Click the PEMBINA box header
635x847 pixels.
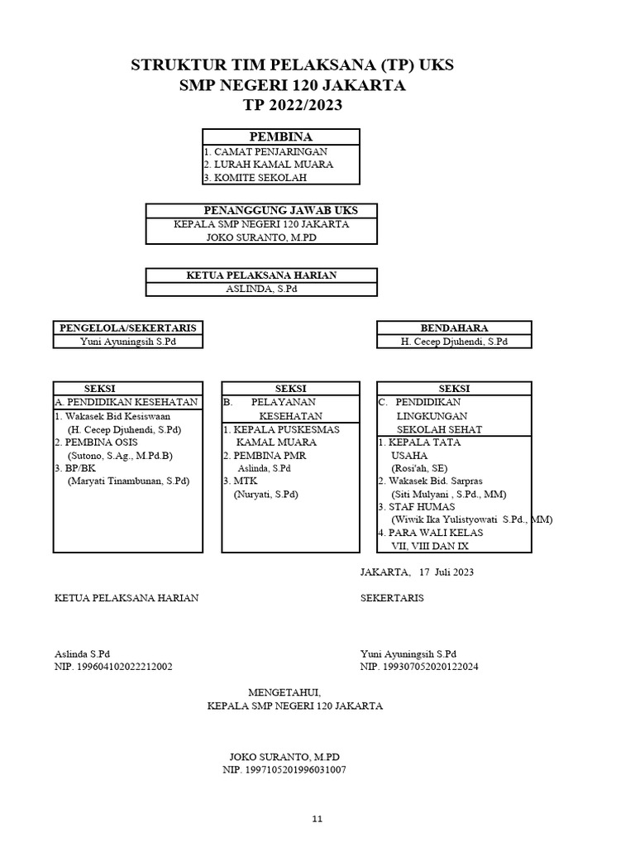(280, 136)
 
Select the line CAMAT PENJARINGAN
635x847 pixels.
(270, 151)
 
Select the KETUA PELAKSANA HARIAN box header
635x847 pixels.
(261, 275)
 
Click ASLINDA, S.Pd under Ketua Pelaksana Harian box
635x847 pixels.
(261, 289)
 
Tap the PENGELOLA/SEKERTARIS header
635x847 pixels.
(127, 328)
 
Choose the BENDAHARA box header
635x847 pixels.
(454, 328)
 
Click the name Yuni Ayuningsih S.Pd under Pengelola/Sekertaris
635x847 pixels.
(128, 342)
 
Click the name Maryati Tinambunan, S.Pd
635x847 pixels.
(128, 481)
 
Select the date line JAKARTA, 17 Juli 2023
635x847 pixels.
(417, 572)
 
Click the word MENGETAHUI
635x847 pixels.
(284, 691)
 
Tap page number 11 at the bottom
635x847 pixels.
(317, 819)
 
